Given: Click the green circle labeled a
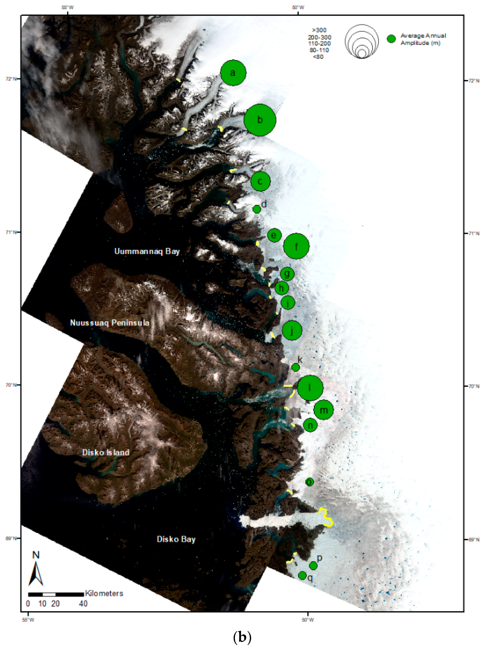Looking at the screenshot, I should click(x=233, y=73).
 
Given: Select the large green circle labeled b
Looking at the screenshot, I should click(x=260, y=120).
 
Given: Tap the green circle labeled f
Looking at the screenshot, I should click(x=296, y=246).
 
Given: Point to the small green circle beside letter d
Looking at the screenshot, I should click(x=257, y=209).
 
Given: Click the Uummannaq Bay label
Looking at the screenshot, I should click(x=147, y=251).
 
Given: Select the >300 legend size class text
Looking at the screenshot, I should click(x=319, y=30).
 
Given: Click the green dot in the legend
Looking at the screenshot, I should click(x=391, y=39).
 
